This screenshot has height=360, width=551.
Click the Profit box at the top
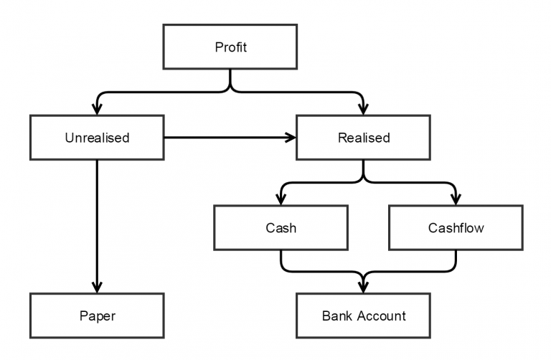230,48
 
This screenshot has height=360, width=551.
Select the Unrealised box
97,137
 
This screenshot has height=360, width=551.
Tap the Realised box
363,137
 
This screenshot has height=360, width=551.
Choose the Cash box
281,228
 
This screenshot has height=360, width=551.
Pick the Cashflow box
456,228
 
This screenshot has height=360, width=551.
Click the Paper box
97,316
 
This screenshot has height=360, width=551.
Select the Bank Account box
363,316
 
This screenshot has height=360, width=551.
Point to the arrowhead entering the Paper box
97,288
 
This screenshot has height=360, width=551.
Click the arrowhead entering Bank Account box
363,288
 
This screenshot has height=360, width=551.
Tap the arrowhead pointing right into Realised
291,137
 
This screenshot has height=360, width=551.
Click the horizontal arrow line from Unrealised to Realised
226,137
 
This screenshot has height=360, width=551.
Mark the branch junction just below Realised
363,179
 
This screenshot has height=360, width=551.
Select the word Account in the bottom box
380,316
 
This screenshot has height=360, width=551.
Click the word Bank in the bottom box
336,316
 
